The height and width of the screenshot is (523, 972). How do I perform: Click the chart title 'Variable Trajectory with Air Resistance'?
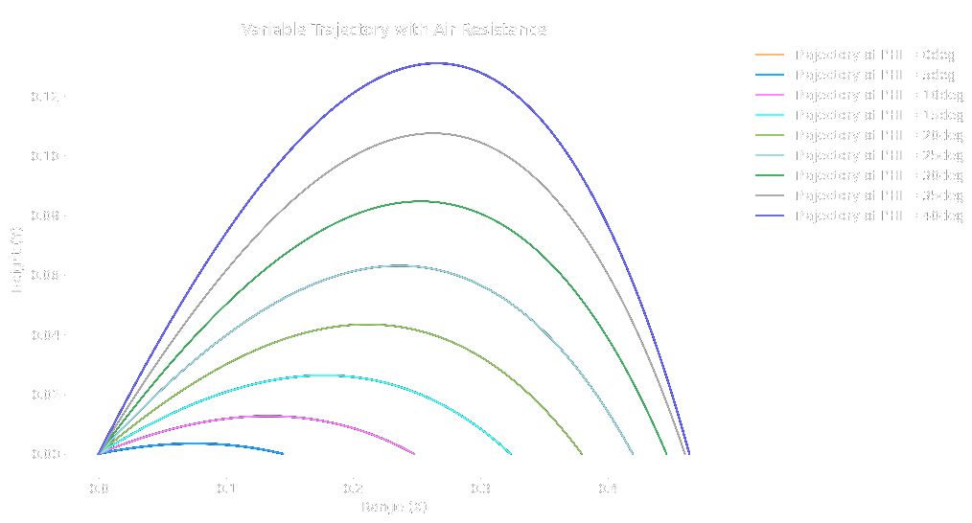[393, 30]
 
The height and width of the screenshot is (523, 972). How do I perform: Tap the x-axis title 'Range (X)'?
[394, 507]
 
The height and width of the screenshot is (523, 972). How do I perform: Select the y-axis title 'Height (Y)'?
[17, 259]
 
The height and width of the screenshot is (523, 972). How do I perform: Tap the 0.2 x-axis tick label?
[353, 489]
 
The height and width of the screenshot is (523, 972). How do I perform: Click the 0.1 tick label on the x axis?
[226, 489]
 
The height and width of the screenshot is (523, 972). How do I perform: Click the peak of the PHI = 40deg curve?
[437, 63]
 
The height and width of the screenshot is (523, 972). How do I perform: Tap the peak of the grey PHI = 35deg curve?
[433, 133]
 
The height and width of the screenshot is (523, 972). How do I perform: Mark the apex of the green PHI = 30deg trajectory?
[420, 201]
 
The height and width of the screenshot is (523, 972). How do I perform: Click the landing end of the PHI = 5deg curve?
[283, 453]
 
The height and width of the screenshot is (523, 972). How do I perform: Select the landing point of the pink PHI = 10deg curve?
[414, 453]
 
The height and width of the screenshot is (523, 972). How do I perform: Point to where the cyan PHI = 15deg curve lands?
[511, 453]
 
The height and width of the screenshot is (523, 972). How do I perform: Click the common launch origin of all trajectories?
[99, 453]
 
